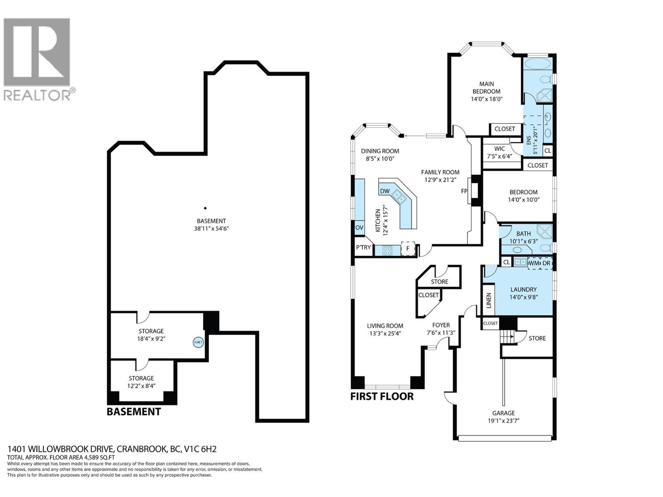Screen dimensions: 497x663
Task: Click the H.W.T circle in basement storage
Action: coord(198,343)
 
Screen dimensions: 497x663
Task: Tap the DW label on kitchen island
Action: coord(385,191)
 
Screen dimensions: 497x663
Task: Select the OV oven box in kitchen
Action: coord(359,228)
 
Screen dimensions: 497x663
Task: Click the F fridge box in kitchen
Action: coord(408,248)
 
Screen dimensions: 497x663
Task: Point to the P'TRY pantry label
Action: coord(363,248)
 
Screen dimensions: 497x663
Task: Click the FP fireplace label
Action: coord(465,191)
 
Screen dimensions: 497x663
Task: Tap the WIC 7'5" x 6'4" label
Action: coord(500,152)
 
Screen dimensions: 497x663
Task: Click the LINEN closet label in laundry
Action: coord(489,300)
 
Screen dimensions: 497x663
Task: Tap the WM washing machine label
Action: coord(534,263)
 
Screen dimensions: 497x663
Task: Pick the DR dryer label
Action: coord(547,263)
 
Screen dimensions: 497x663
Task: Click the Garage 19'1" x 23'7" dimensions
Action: coord(503,420)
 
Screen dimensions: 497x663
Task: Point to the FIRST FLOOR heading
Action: coord(382,396)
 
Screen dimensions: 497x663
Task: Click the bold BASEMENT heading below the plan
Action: coord(133,412)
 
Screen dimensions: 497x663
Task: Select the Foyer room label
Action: coord(441,325)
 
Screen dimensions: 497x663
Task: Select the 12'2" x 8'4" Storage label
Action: coord(141,386)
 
